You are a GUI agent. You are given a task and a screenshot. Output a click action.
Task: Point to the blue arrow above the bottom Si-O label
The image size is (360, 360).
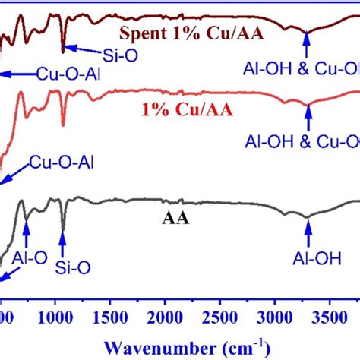tap(62, 242)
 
